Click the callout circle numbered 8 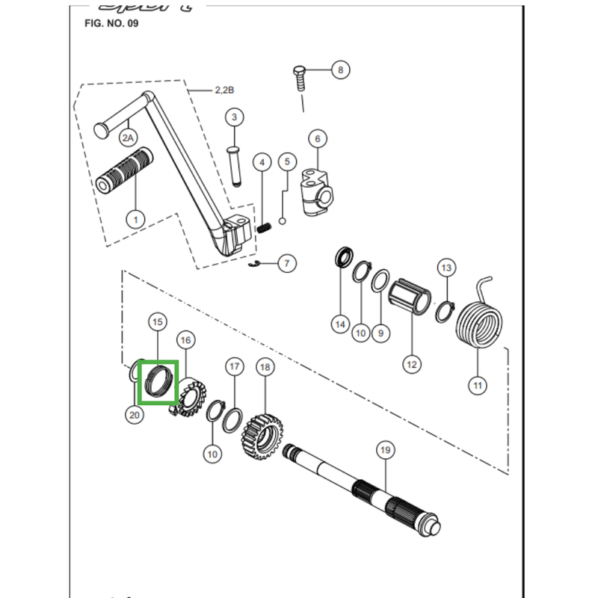[x=340, y=70]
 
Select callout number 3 [x=233, y=117]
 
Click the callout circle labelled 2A [x=129, y=138]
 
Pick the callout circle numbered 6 [x=317, y=139]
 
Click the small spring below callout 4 [x=264, y=228]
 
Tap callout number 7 [x=287, y=263]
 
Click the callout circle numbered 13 [x=446, y=268]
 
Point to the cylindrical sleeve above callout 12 [x=412, y=298]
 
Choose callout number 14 [x=340, y=324]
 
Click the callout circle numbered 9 [x=380, y=333]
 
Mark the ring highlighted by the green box [x=158, y=380]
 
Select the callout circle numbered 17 [x=235, y=366]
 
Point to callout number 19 [x=385, y=450]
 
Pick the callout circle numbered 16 [x=186, y=339]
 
